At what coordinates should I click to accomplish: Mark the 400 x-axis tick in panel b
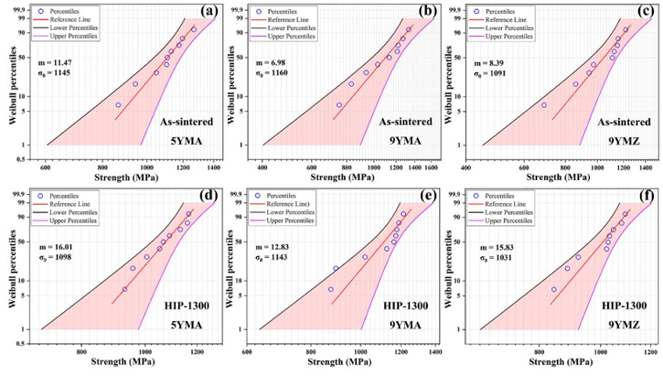263,168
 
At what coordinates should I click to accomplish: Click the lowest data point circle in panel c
543,105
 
